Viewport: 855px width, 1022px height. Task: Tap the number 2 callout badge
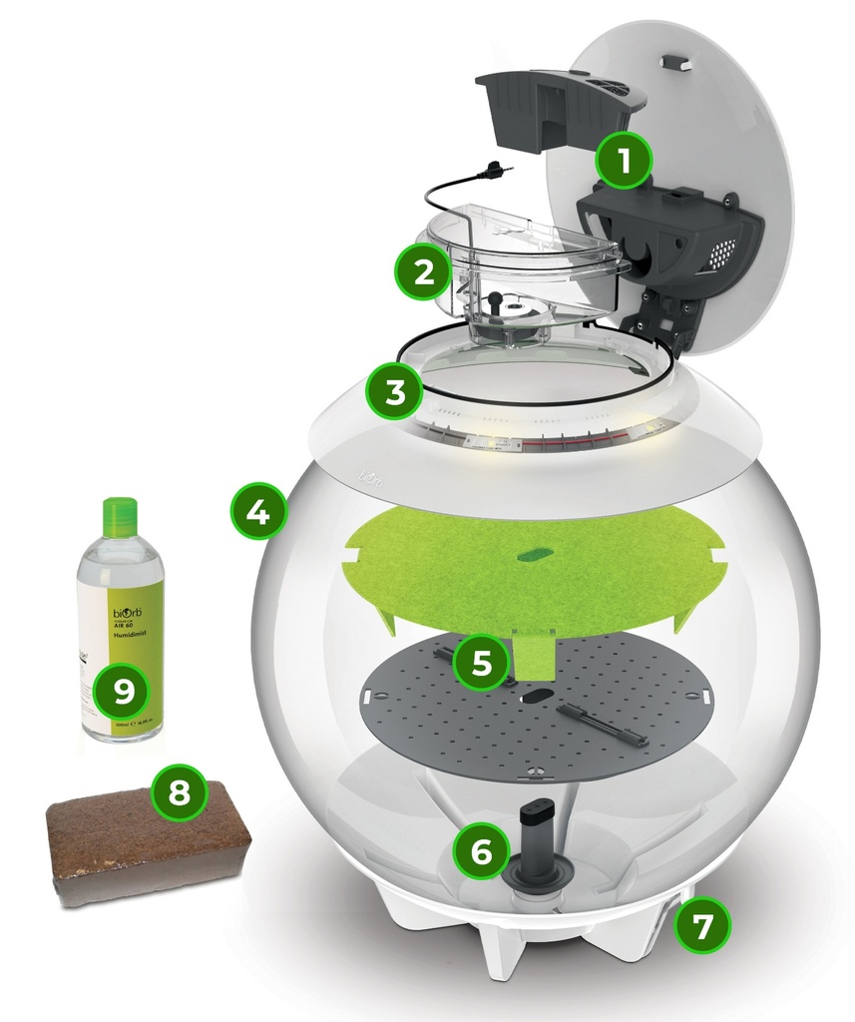pos(424,270)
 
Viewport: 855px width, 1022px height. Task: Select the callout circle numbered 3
pos(395,390)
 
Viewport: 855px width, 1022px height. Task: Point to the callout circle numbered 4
pos(257,512)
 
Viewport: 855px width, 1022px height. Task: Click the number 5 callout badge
pos(482,662)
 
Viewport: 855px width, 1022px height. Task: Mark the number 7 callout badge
pos(702,927)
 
